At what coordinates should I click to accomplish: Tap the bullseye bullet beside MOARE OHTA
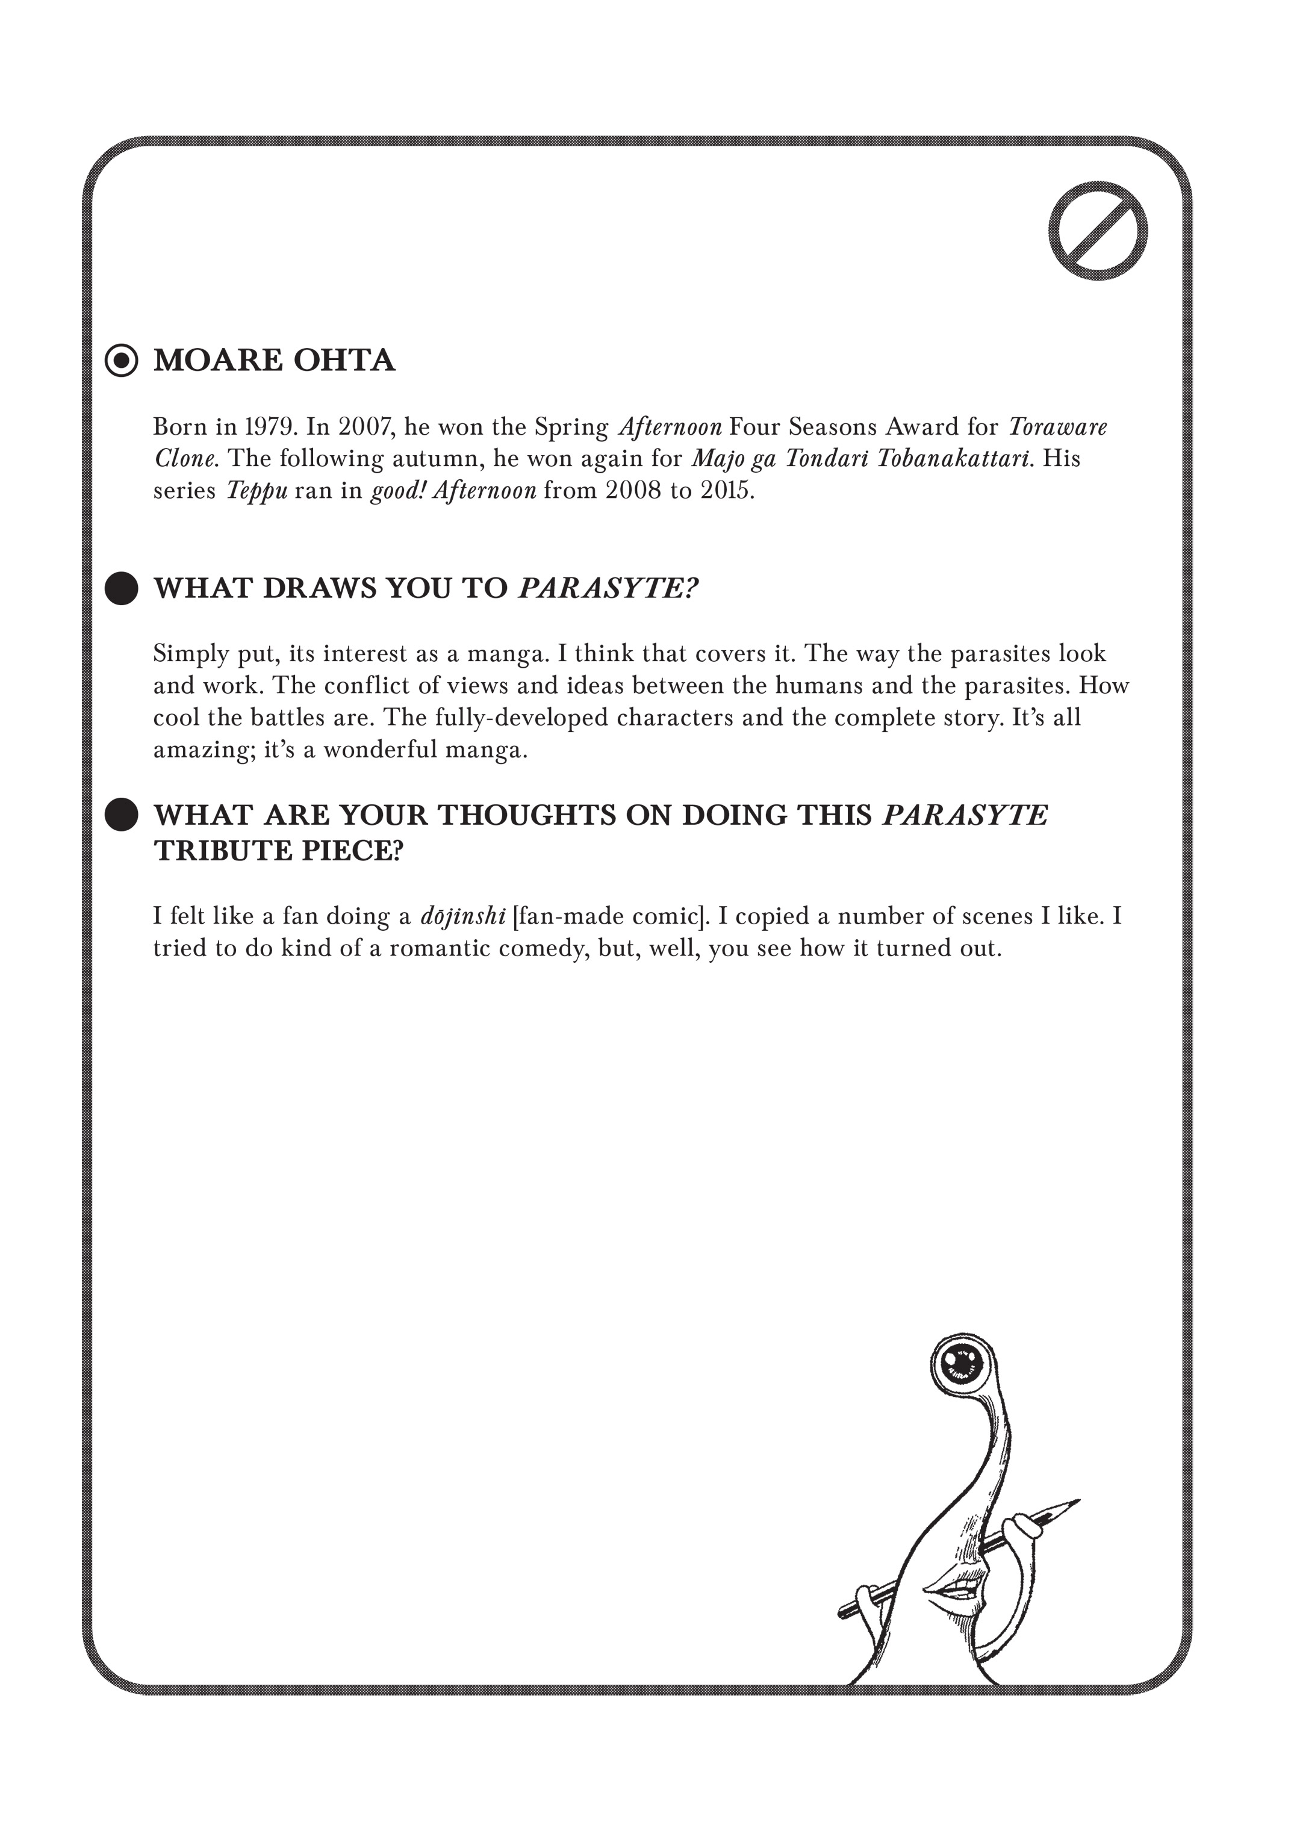point(122,361)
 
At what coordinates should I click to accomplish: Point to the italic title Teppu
point(257,491)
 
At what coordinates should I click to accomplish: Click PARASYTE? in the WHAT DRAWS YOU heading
point(608,588)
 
